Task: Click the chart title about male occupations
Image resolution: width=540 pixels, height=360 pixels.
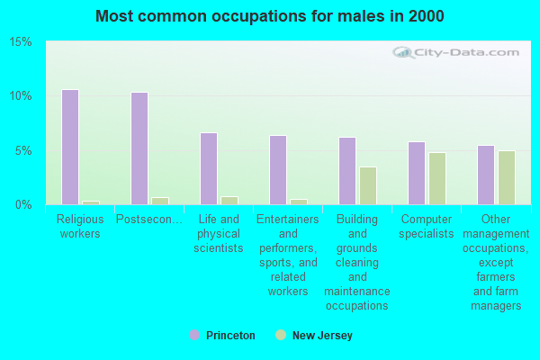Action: click(x=269, y=16)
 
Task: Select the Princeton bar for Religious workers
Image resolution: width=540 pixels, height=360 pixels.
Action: click(x=70, y=147)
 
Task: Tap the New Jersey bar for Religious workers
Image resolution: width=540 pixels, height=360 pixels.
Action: click(x=90, y=202)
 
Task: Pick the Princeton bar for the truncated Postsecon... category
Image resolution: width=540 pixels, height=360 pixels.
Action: click(x=139, y=148)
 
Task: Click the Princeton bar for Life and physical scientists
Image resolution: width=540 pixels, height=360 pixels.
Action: click(x=209, y=168)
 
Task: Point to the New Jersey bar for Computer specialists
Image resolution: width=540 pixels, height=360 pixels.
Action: click(x=436, y=178)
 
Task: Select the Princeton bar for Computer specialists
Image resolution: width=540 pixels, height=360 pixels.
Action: click(x=417, y=173)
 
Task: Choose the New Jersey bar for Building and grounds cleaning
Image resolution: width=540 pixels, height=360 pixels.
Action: click(x=367, y=185)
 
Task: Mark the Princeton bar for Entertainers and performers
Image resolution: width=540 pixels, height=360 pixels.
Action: click(x=278, y=170)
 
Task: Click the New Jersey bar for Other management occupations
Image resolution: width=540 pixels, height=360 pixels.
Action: click(x=506, y=177)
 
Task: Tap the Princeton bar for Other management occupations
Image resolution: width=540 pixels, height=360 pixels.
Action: click(x=486, y=175)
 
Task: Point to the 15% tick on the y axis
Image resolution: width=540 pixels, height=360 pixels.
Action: click(x=22, y=42)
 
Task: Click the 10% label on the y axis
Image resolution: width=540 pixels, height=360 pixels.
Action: click(x=22, y=96)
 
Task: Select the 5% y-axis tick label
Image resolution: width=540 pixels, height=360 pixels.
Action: click(x=24, y=150)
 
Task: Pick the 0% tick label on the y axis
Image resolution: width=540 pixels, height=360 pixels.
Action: click(x=24, y=205)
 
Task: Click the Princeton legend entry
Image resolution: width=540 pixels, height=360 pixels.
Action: click(x=222, y=336)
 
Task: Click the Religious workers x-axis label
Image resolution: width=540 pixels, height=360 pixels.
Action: click(x=80, y=226)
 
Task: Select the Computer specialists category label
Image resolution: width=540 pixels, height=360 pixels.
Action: click(x=427, y=226)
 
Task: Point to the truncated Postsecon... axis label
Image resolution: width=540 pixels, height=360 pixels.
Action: click(x=149, y=219)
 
